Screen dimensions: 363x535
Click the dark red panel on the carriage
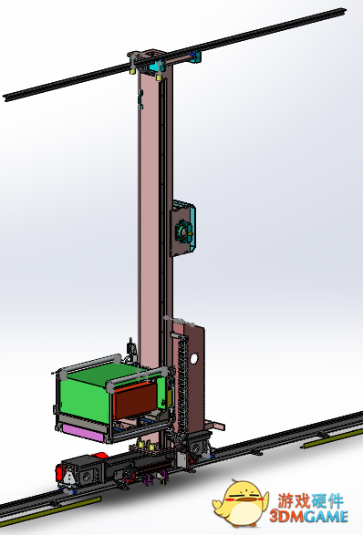click(x=135, y=400)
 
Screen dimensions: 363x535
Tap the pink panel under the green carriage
click(x=82, y=433)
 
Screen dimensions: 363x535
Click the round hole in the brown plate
click(x=193, y=358)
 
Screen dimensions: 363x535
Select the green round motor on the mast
click(x=182, y=231)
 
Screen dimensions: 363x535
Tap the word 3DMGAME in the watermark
click(x=308, y=516)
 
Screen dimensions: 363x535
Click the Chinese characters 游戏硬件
click(x=310, y=501)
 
